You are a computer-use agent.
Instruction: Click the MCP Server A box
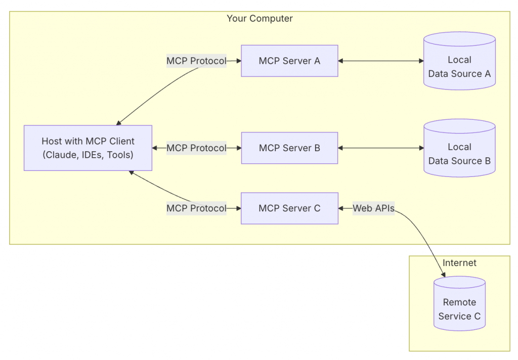(x=289, y=61)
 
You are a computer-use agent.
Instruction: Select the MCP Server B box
(x=289, y=148)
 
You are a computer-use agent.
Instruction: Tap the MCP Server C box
(x=289, y=208)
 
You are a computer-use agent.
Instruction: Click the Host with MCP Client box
(x=88, y=148)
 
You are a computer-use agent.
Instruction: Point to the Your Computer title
(x=260, y=19)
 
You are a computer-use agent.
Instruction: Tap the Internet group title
(x=459, y=263)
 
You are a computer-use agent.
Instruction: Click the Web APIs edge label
(x=373, y=208)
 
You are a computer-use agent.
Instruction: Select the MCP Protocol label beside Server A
(x=196, y=61)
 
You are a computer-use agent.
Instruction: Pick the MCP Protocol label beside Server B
(x=196, y=148)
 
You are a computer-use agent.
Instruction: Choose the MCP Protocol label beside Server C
(x=196, y=208)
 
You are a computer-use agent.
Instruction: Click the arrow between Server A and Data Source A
(x=380, y=61)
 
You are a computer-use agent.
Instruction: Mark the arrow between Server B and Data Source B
(x=380, y=148)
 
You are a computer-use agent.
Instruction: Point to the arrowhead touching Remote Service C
(x=444, y=276)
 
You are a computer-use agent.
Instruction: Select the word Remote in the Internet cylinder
(x=459, y=302)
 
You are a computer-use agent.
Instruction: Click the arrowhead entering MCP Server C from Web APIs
(x=341, y=208)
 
